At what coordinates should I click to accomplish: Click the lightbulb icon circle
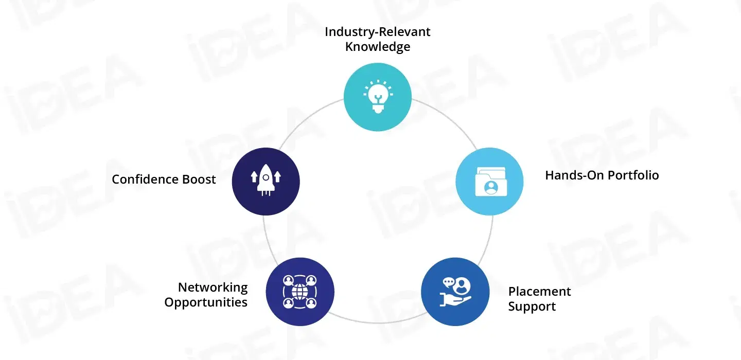click(x=377, y=97)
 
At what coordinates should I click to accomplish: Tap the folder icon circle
click(x=489, y=181)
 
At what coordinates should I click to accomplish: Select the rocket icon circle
click(x=266, y=181)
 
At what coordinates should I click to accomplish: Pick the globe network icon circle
click(x=299, y=291)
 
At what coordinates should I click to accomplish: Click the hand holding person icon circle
click(x=454, y=292)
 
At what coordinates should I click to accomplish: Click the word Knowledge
click(x=378, y=47)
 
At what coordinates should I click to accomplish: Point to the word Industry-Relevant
click(x=378, y=32)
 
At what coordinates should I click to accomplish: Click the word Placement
click(x=539, y=292)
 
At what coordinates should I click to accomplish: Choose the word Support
click(x=532, y=307)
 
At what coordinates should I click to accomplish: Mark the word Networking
click(x=213, y=287)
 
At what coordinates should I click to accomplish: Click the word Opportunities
click(x=206, y=302)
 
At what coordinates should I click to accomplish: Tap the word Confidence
click(x=146, y=179)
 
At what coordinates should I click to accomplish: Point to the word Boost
click(x=199, y=179)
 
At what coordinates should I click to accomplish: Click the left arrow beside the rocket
click(x=254, y=177)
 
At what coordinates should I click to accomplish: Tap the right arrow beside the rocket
click(x=278, y=177)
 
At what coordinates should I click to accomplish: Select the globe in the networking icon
click(x=299, y=292)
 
